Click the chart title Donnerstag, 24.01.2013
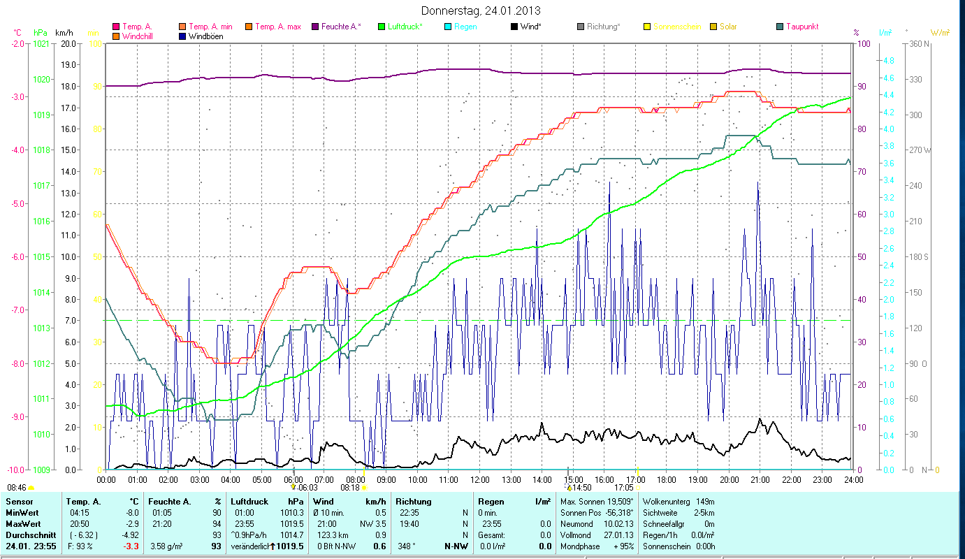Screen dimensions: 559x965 pos(481,10)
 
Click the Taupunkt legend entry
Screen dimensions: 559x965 pos(801,27)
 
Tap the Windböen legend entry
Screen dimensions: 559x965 pos(205,36)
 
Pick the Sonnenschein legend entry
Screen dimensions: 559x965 pos(676,27)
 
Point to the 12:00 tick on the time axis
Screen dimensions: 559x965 pos(479,479)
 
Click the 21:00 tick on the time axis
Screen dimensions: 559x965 pos(760,479)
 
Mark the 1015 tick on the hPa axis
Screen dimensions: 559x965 pos(41,256)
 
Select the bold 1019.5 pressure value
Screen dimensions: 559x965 pos(290,546)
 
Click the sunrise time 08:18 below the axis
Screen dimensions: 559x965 pos(349,487)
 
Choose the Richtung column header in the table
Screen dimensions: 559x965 pos(414,502)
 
